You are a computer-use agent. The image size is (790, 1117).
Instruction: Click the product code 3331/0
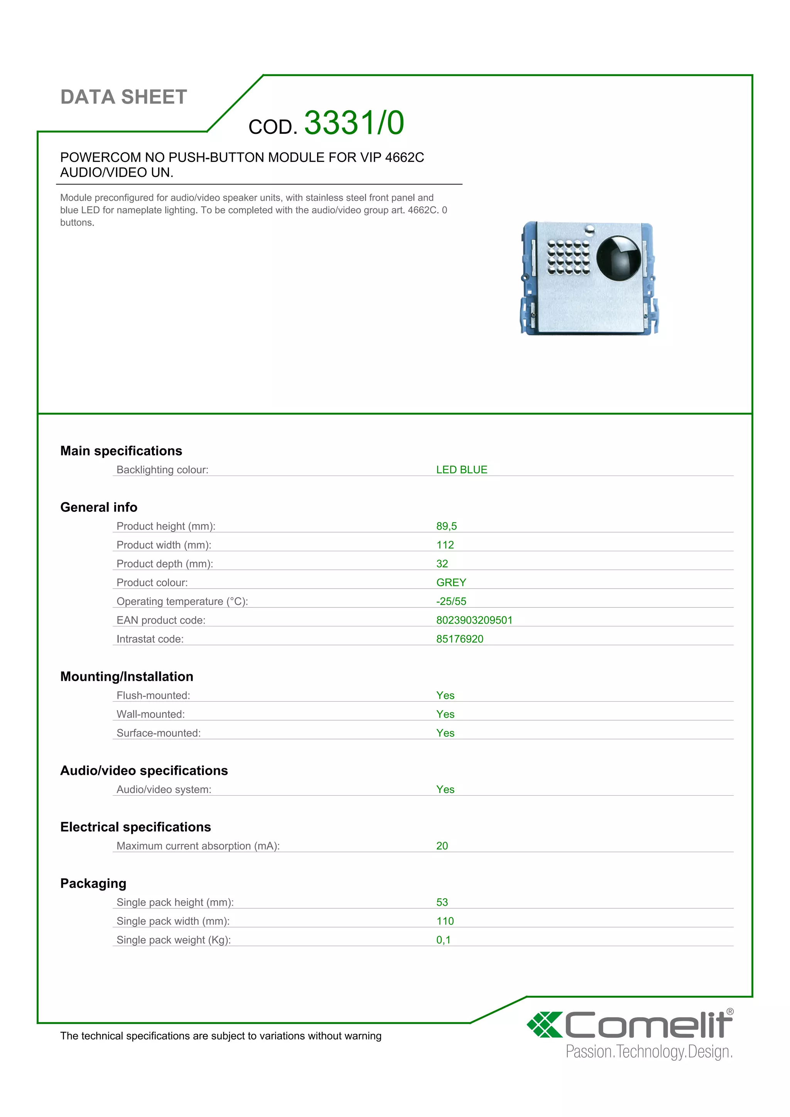tap(354, 123)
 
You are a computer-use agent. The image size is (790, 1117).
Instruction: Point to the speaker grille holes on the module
tap(568, 257)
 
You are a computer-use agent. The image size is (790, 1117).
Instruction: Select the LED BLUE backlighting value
tap(461, 469)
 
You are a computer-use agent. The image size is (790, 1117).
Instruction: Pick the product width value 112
tap(445, 545)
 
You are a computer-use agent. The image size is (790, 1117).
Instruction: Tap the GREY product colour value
tap(451, 582)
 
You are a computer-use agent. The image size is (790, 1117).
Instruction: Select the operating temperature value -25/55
tap(451, 601)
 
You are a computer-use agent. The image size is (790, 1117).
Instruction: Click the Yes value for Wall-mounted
tap(445, 714)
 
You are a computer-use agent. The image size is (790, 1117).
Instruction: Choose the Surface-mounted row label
tap(159, 733)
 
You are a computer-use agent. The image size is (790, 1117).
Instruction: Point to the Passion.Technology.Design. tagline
tap(648, 1052)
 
